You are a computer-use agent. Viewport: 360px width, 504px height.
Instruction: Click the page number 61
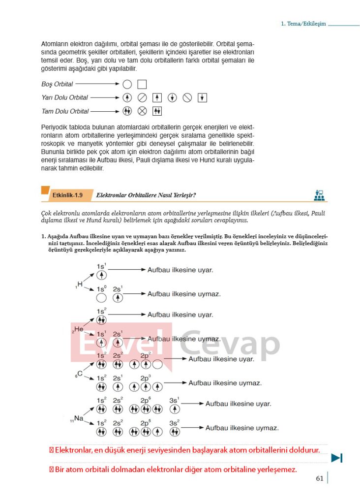coord(320,478)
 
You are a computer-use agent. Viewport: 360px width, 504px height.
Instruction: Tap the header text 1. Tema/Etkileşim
coord(303,24)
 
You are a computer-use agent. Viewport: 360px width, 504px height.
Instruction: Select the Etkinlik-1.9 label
coord(67,195)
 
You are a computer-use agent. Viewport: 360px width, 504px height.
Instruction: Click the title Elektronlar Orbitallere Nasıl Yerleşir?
coord(146,195)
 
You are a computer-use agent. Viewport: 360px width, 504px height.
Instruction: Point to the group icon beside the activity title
coord(319,195)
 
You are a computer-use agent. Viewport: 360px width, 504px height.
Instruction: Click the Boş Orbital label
coord(57,84)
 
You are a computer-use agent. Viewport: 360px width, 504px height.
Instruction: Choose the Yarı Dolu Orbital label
coord(64,97)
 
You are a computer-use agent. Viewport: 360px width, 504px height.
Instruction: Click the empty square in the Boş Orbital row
coord(142,84)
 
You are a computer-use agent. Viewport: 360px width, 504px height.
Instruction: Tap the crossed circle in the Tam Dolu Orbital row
coord(142,111)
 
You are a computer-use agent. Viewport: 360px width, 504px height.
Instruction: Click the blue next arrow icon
coord(336,458)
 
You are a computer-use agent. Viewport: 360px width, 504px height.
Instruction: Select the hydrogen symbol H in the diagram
coord(80,284)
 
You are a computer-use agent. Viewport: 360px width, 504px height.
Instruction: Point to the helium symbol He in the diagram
coord(78,329)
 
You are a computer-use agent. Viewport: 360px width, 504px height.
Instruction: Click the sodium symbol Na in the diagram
coord(78,419)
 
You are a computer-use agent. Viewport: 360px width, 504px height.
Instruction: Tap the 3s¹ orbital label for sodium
coord(175,400)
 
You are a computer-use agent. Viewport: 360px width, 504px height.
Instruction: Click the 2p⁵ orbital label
coord(146,423)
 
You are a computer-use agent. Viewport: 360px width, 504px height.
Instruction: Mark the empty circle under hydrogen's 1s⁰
coord(101,298)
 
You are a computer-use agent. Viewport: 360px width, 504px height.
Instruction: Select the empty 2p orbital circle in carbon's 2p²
coord(157,365)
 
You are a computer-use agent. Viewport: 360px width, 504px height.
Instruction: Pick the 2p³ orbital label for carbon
coord(146,378)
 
